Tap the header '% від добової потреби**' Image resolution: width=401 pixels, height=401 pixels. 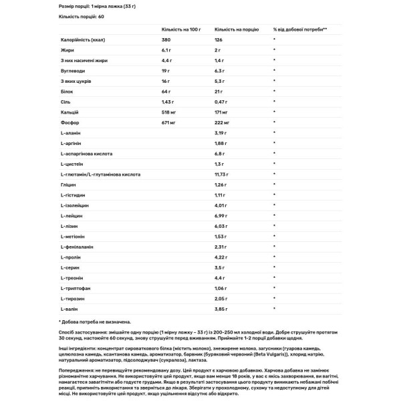click(x=300, y=30)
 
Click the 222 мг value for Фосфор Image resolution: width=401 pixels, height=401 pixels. click(x=223, y=124)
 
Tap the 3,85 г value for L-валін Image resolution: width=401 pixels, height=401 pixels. click(x=221, y=309)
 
